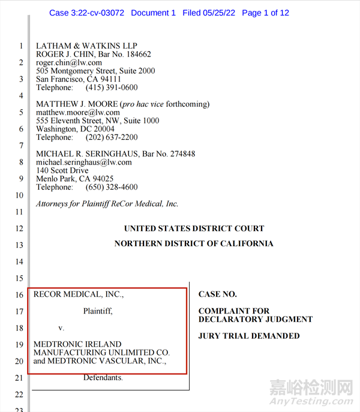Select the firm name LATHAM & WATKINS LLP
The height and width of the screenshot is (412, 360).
point(86,46)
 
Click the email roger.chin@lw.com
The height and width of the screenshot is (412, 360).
point(68,62)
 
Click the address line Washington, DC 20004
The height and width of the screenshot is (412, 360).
point(75,129)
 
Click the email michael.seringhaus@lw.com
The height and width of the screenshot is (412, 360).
point(83,162)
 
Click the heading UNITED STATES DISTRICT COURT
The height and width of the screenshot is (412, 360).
point(194,228)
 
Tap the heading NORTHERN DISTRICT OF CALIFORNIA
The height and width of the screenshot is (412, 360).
point(194,244)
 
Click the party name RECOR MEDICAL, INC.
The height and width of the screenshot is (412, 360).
point(79,294)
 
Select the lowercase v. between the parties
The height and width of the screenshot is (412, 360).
point(61,328)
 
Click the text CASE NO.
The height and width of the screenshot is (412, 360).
point(217,294)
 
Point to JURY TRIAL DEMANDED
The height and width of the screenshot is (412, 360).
point(248,336)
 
